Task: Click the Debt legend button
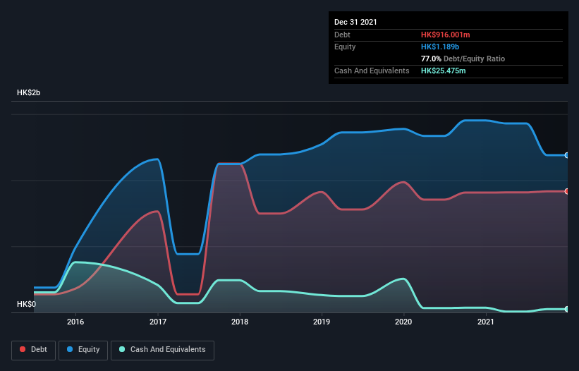tap(32, 349)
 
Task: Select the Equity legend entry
tap(83, 349)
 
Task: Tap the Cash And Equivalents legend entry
tap(162, 349)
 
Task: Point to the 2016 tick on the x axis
tap(75, 322)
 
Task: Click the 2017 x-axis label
tap(158, 322)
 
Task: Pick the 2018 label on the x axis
tap(240, 322)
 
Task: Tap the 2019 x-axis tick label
tap(322, 322)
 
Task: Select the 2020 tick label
tap(403, 322)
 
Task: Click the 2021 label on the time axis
tap(485, 322)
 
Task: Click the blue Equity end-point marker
tap(567, 155)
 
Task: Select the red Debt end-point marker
tap(567, 191)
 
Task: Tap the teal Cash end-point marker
tap(567, 309)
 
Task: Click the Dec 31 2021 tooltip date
tap(355, 22)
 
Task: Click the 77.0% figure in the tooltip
tap(431, 59)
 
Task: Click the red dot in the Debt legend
tap(23, 349)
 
